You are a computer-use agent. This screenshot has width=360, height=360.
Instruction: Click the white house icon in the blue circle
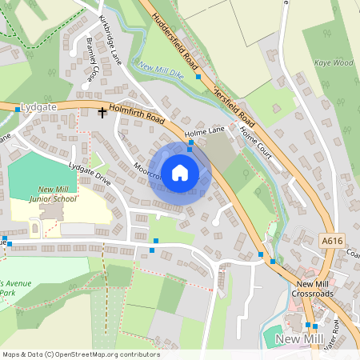coord(180,172)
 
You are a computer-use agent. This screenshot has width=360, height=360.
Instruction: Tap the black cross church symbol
coord(102,113)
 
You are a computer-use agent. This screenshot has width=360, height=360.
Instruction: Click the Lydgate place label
coord(38,106)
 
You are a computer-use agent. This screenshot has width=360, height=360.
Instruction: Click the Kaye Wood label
coord(333,62)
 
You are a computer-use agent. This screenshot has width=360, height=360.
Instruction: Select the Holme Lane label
coord(205,130)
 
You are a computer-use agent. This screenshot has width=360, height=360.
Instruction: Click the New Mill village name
coord(298,340)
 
